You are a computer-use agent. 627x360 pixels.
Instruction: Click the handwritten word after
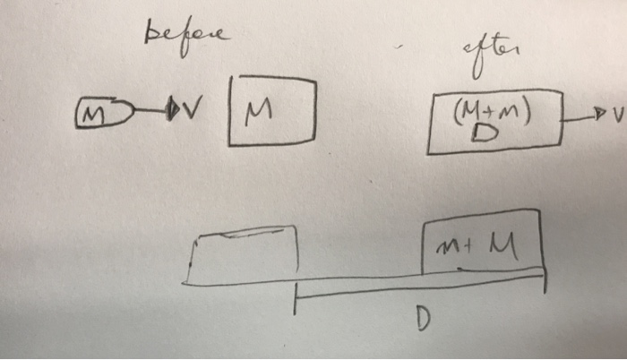click(x=491, y=50)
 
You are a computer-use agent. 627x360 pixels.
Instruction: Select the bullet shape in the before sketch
click(x=101, y=116)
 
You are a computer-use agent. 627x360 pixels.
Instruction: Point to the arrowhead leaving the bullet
click(x=176, y=112)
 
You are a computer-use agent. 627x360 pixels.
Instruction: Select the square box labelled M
click(x=272, y=110)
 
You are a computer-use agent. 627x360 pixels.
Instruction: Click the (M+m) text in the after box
click(x=488, y=113)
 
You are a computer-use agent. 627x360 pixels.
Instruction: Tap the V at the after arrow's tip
click(x=614, y=116)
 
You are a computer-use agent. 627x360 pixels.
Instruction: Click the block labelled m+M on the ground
click(x=481, y=239)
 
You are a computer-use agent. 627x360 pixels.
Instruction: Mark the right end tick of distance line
click(x=542, y=279)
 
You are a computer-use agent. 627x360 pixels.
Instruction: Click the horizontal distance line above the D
click(x=421, y=283)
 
